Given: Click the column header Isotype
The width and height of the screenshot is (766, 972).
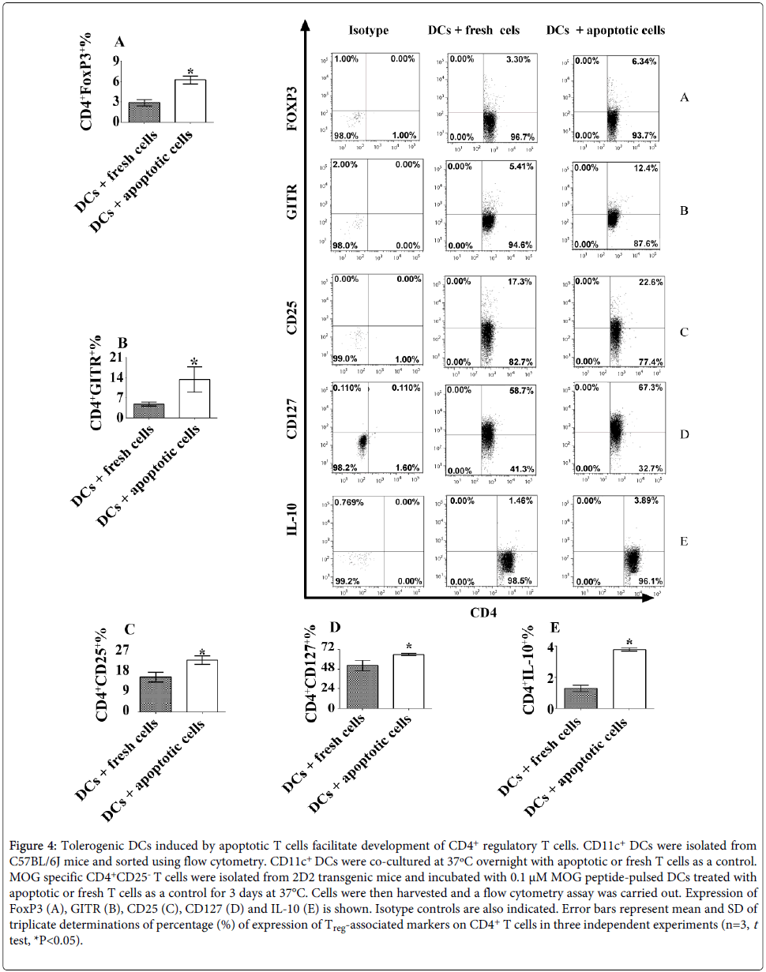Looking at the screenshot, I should [368, 30].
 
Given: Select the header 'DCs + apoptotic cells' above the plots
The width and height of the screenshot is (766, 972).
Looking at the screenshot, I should [606, 30].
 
